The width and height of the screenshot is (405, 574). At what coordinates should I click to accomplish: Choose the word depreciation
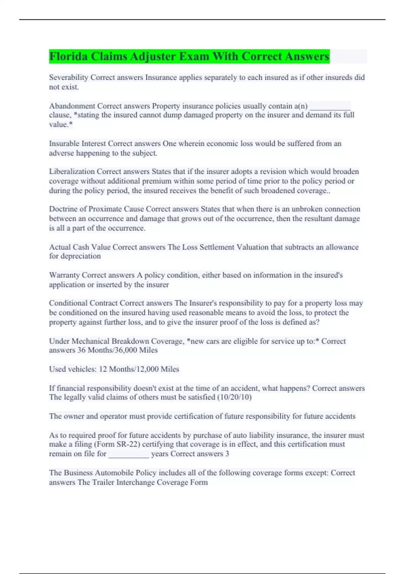pos(80,256)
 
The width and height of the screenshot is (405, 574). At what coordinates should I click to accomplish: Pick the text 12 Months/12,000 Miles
pos(139,369)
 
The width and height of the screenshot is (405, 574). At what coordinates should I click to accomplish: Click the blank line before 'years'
pos(129,454)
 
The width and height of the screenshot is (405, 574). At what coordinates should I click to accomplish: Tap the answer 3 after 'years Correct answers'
pos(227,454)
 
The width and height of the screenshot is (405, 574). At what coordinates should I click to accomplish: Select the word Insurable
pos(64,143)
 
